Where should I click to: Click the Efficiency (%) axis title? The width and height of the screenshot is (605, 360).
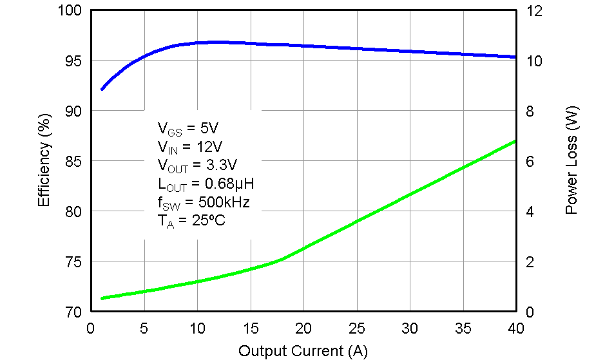point(44,161)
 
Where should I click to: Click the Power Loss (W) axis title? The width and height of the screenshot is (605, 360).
point(571,161)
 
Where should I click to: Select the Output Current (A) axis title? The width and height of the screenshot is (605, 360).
point(303,351)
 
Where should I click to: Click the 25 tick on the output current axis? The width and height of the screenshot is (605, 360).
point(356,328)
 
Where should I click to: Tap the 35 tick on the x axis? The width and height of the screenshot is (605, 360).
point(463,328)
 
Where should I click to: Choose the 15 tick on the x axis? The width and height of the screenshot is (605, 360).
point(250,328)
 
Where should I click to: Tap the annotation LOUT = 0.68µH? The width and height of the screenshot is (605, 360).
point(206,184)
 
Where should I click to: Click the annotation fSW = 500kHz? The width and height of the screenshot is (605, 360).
point(204,203)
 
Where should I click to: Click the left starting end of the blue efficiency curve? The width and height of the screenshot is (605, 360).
point(102,90)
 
